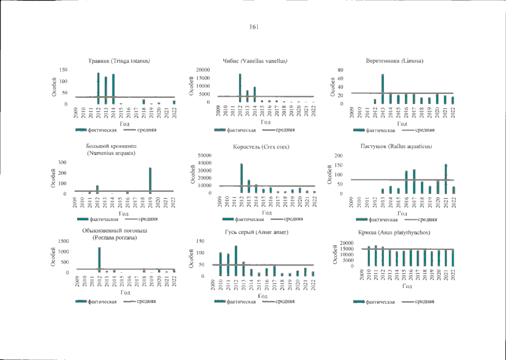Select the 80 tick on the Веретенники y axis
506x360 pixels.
(x=340, y=70)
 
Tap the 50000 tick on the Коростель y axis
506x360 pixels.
(x=204, y=155)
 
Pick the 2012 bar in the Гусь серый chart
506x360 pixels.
(x=236, y=260)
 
